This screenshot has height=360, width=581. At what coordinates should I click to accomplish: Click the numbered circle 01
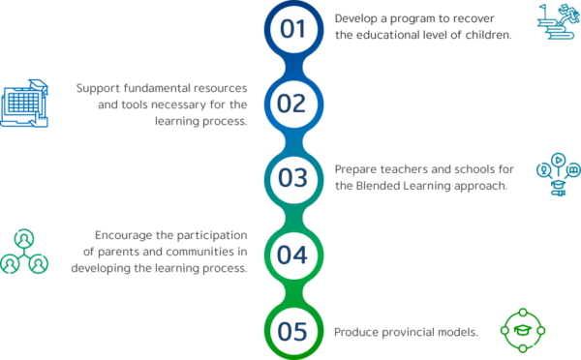point(291,29)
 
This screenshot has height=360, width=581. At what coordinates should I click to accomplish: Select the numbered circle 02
point(291,103)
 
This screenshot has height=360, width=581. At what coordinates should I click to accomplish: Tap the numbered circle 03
point(291,178)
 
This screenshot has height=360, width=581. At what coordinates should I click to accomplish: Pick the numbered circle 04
point(291,255)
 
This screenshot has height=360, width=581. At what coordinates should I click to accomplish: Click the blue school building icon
point(25,101)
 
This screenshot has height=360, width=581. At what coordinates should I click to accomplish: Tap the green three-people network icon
point(25,251)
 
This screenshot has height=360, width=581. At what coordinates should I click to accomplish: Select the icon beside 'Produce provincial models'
point(522,330)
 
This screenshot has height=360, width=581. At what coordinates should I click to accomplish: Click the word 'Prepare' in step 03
point(355,169)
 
